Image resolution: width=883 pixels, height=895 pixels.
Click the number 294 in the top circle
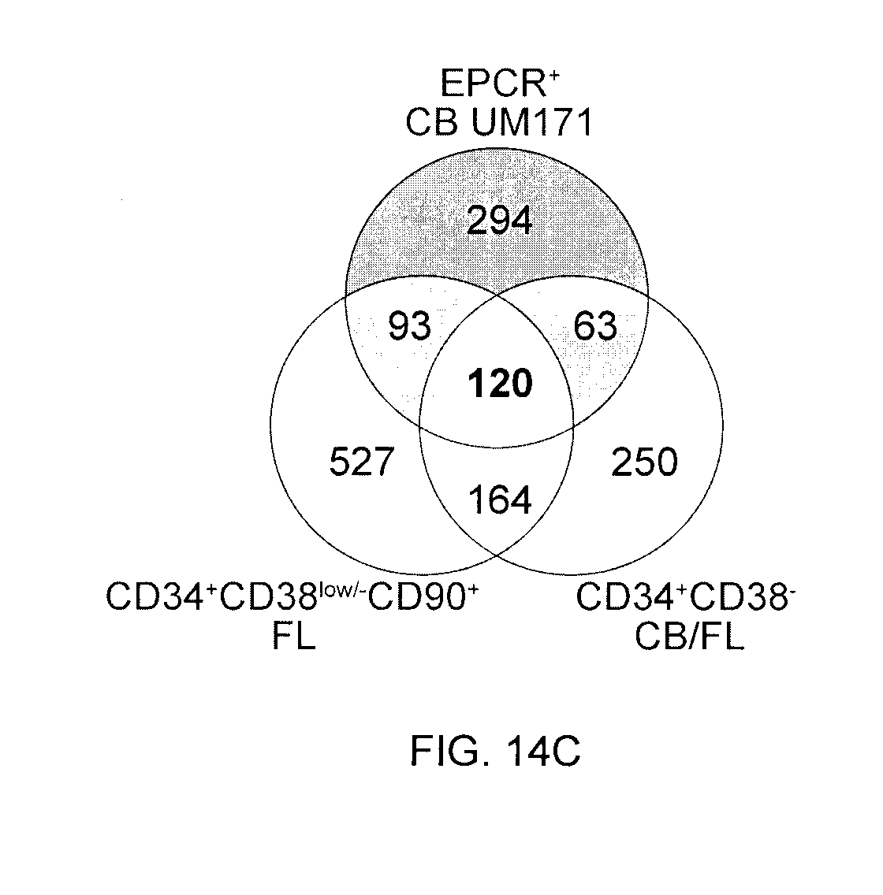point(500,222)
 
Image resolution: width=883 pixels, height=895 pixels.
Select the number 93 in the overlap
point(410,325)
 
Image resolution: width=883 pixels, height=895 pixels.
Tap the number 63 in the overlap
point(596,325)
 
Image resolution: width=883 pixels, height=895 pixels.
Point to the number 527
point(360,462)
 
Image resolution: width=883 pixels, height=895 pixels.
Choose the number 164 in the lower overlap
point(500,499)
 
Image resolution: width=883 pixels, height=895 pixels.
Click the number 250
point(644,462)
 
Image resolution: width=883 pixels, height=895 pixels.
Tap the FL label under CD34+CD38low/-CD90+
point(293,636)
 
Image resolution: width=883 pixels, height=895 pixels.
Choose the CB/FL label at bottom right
point(689,636)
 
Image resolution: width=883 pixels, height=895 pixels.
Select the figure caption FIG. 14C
point(495,751)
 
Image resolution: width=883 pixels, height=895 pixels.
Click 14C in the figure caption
point(542,751)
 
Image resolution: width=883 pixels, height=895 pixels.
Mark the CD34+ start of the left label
point(160,598)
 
